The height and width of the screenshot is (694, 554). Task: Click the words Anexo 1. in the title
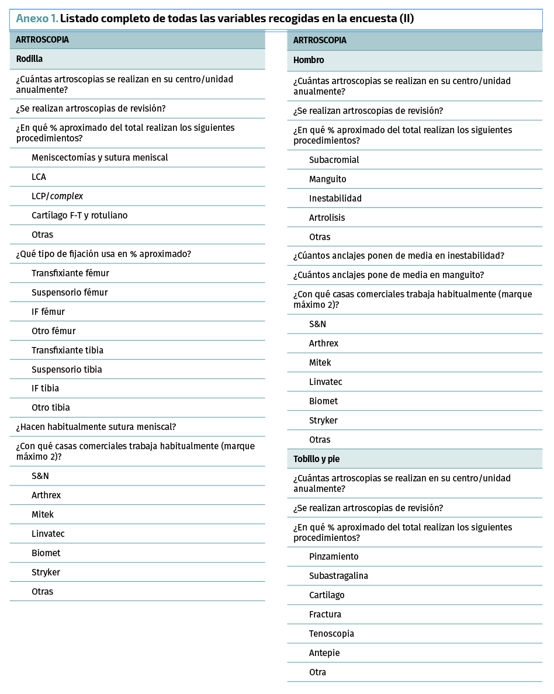click(37, 19)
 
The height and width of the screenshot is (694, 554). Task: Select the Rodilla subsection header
click(29, 59)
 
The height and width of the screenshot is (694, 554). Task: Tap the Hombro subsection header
click(309, 60)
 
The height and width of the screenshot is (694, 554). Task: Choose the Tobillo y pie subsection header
click(316, 459)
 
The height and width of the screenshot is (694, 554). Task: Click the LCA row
click(39, 177)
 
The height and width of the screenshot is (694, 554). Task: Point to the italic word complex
click(67, 196)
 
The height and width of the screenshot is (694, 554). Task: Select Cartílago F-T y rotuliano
click(79, 216)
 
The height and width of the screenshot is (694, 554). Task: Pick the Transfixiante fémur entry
click(70, 273)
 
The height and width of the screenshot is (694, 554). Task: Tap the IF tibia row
click(45, 388)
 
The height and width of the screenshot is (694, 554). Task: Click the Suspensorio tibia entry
click(67, 369)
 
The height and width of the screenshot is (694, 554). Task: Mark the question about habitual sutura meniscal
click(96, 427)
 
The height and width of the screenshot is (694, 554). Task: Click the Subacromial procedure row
click(334, 160)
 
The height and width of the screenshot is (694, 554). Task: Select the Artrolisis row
click(327, 218)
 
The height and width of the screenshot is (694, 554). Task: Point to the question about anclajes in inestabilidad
click(399, 256)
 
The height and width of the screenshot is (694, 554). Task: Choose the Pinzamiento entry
click(334, 557)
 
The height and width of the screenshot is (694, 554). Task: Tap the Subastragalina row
click(338, 576)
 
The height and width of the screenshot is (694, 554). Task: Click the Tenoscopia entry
click(331, 634)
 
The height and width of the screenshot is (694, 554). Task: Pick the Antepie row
click(324, 653)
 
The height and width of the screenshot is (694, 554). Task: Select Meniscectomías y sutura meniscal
click(99, 158)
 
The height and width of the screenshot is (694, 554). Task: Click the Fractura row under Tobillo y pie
click(325, 615)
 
